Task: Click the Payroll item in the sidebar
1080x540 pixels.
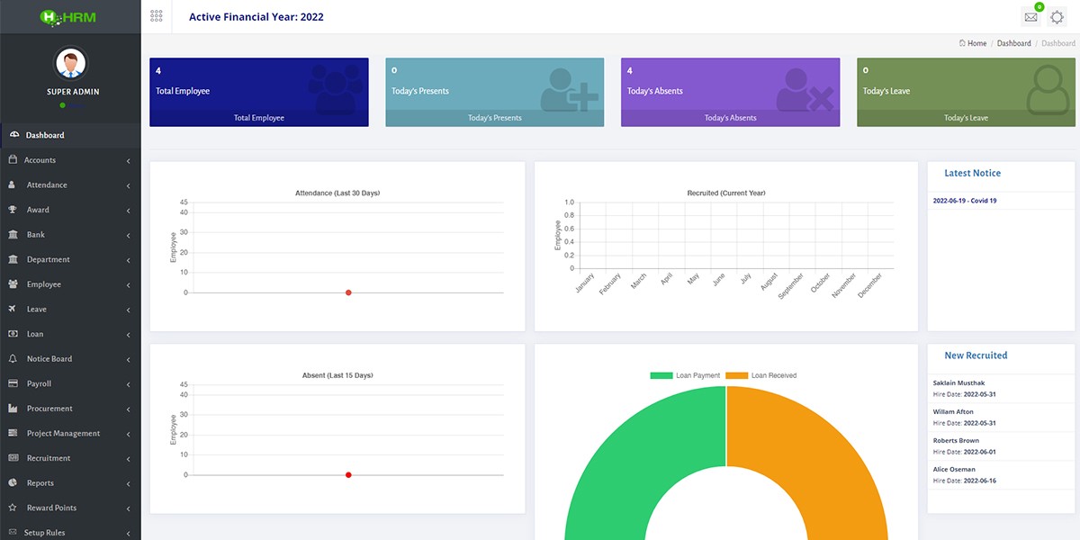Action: coord(39,383)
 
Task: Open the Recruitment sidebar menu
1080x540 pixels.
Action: coord(48,458)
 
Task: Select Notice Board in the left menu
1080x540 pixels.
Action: coord(49,359)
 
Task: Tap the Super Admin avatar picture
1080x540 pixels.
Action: coord(72,64)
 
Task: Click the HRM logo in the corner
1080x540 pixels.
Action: coord(70,16)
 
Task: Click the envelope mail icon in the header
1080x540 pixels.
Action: coord(1030,17)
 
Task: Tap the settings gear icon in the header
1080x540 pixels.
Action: coord(1057,17)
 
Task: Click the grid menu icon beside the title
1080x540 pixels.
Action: coord(157,16)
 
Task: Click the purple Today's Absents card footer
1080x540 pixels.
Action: coord(730,118)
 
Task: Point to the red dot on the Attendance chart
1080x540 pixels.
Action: coord(348,292)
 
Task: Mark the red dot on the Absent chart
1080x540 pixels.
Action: coord(348,474)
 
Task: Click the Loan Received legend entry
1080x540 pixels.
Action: coord(761,375)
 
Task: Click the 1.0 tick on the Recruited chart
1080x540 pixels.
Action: coord(568,202)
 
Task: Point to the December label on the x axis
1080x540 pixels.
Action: coord(870,286)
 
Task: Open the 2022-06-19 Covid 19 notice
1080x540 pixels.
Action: coord(965,201)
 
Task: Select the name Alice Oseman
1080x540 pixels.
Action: coord(954,470)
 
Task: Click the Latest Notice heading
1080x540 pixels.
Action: coord(972,173)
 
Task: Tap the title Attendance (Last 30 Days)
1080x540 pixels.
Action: coord(337,193)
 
